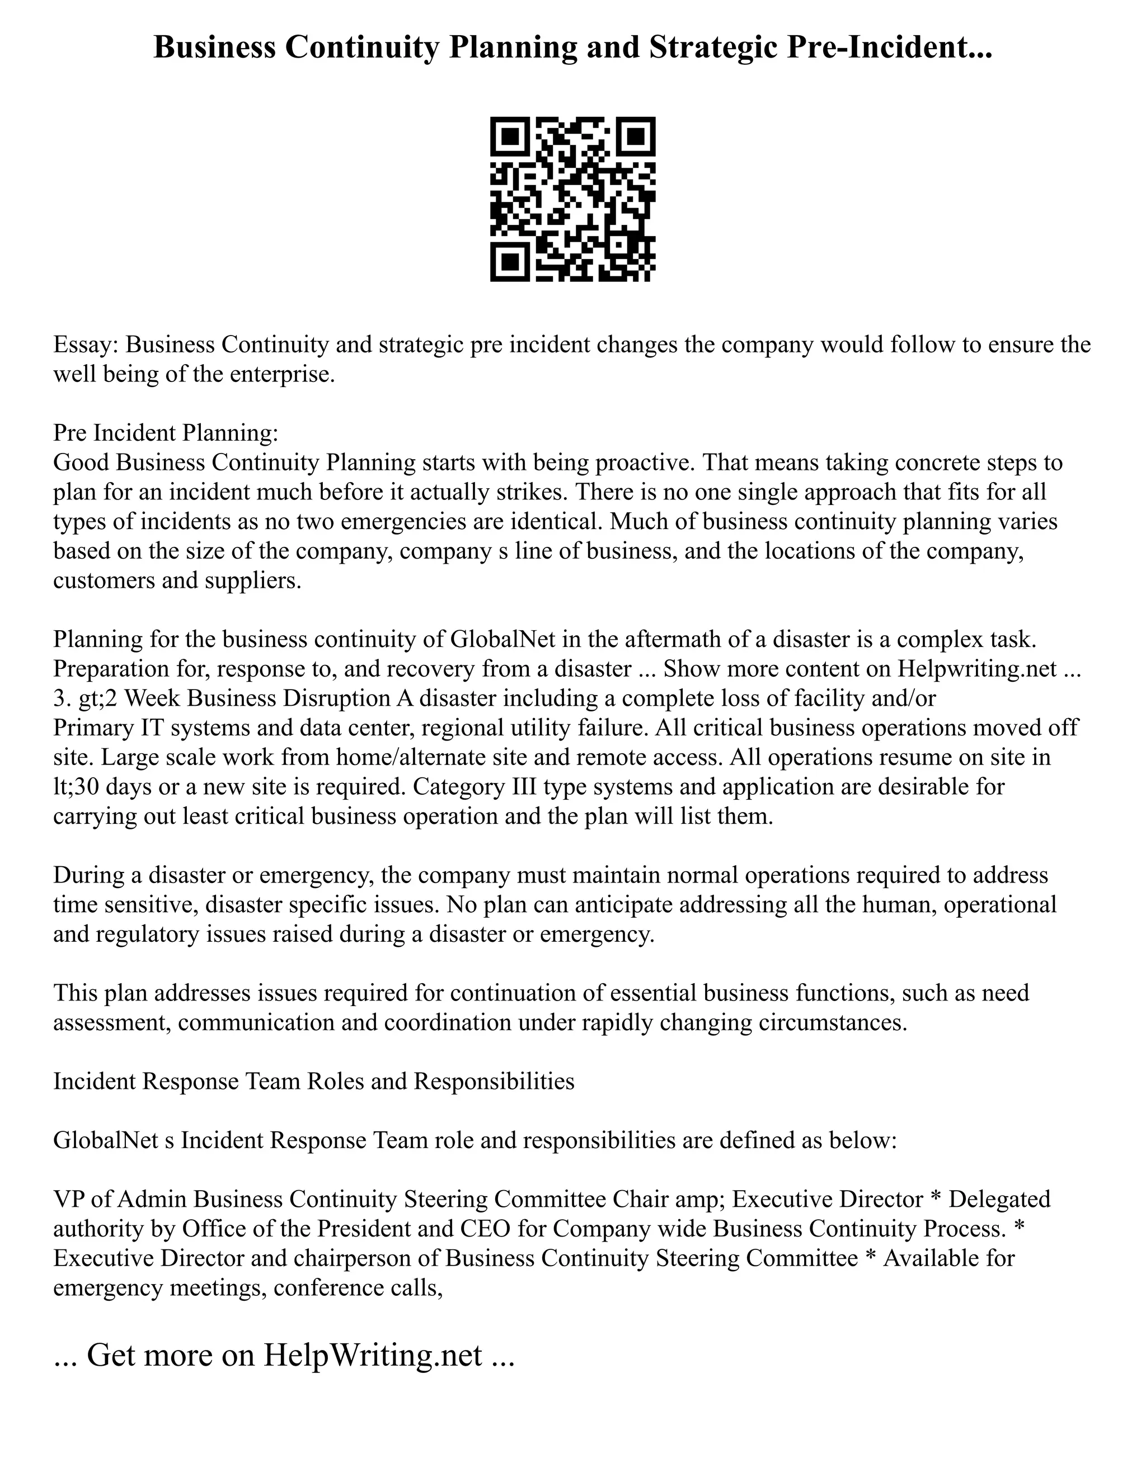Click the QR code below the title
coord(572,199)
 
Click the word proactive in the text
coord(644,463)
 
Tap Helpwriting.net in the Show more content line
coord(977,669)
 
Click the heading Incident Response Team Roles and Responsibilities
coord(314,1081)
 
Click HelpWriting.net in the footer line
coord(373,1355)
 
